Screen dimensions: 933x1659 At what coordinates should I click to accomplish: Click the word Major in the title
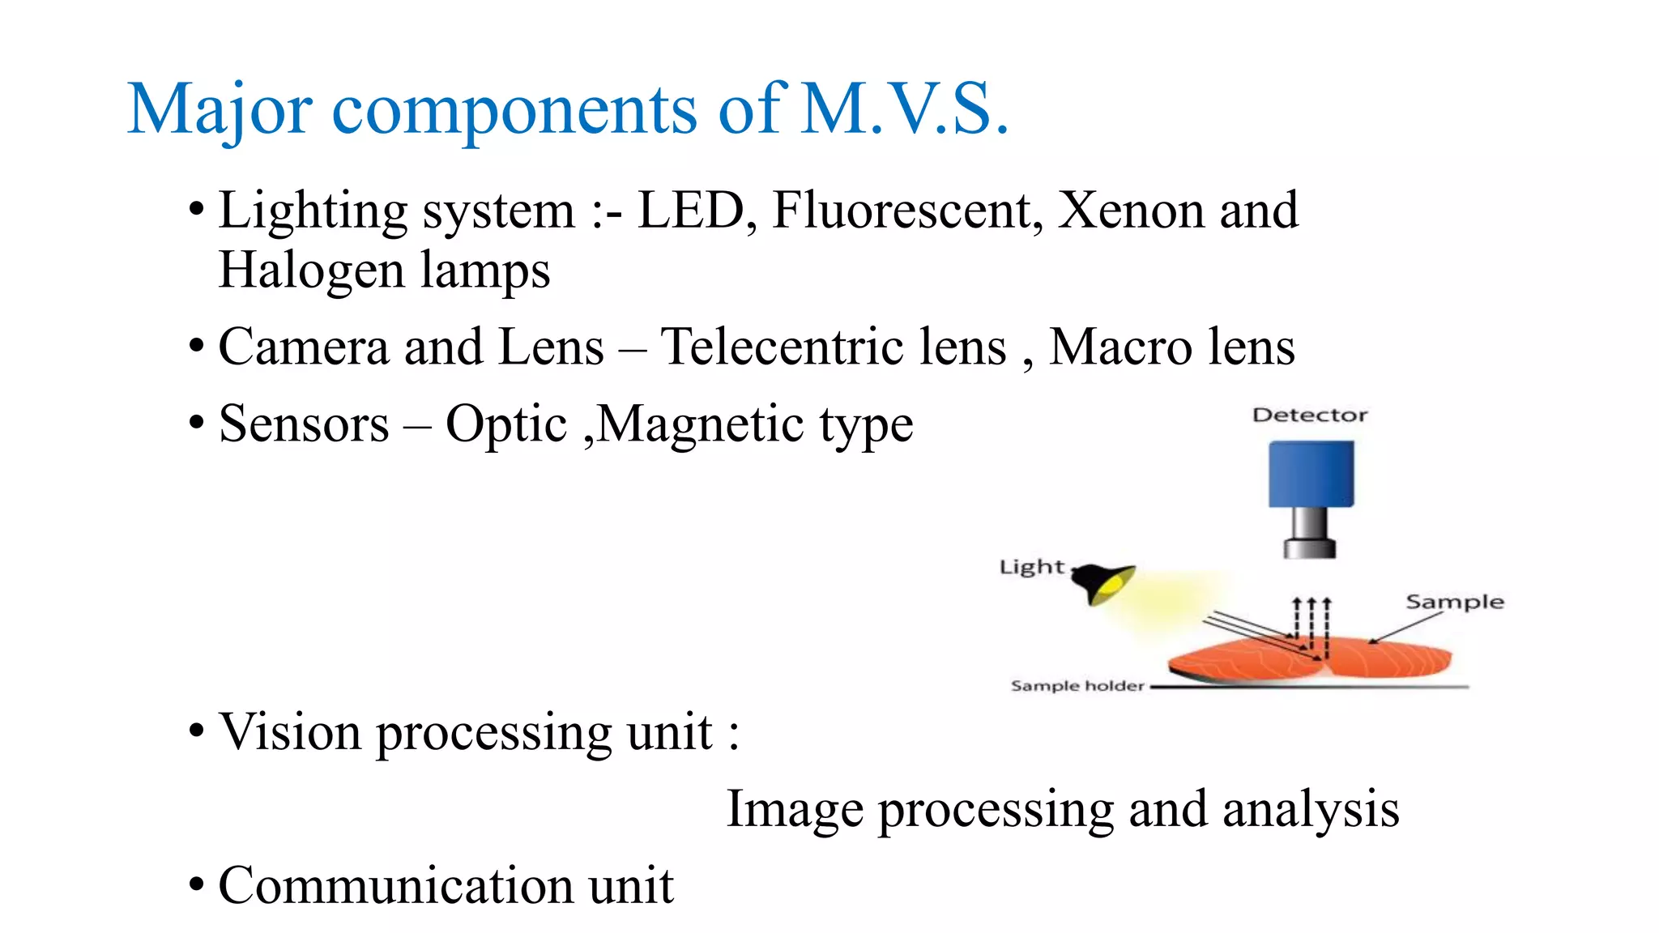tap(220, 109)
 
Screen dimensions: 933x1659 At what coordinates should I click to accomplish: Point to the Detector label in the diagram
tap(1309, 415)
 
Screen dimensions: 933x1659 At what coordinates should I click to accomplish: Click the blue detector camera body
tap(1311, 474)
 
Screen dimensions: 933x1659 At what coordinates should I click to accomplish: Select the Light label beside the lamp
tap(1031, 567)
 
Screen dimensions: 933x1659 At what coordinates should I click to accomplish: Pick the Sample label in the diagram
tap(1454, 602)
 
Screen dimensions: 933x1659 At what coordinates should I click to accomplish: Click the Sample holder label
tap(1077, 686)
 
